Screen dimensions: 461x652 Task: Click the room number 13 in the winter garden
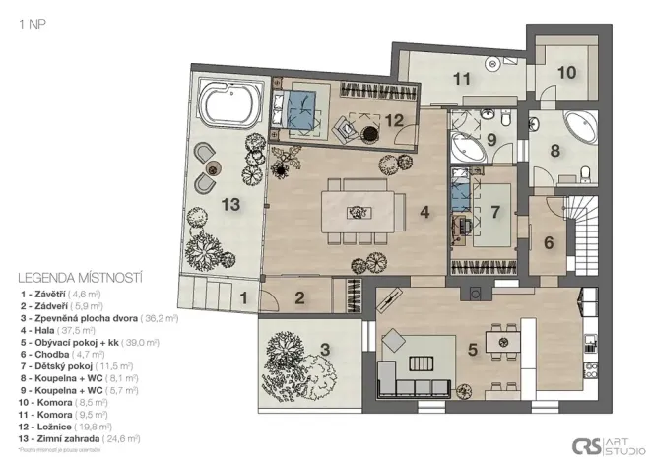[229, 205]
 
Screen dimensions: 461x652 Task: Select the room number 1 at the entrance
[242, 295]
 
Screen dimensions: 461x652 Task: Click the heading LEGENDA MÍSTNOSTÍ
[81, 279]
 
